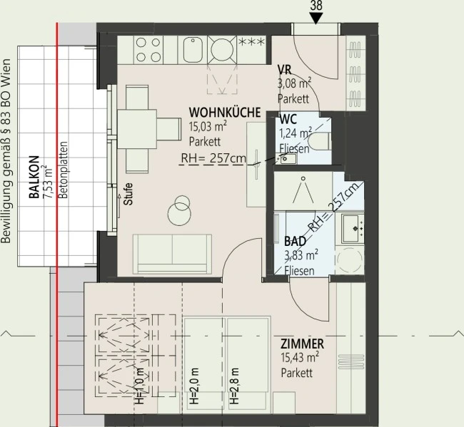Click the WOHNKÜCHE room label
(x=225, y=113)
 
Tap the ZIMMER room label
(x=302, y=344)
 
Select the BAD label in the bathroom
(x=295, y=241)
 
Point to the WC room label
(x=288, y=119)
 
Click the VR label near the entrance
(x=284, y=70)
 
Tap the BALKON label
(x=34, y=177)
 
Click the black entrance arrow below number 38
(x=316, y=18)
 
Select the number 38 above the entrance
(x=316, y=6)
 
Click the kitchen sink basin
(x=193, y=50)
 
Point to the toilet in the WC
(x=319, y=142)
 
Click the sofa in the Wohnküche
(x=172, y=254)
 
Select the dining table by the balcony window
(x=137, y=129)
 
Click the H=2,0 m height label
(x=194, y=386)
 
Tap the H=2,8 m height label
(x=234, y=386)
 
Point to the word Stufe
(x=128, y=194)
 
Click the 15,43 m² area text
(x=300, y=358)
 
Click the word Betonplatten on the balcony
(x=63, y=170)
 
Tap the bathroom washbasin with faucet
(x=353, y=228)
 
